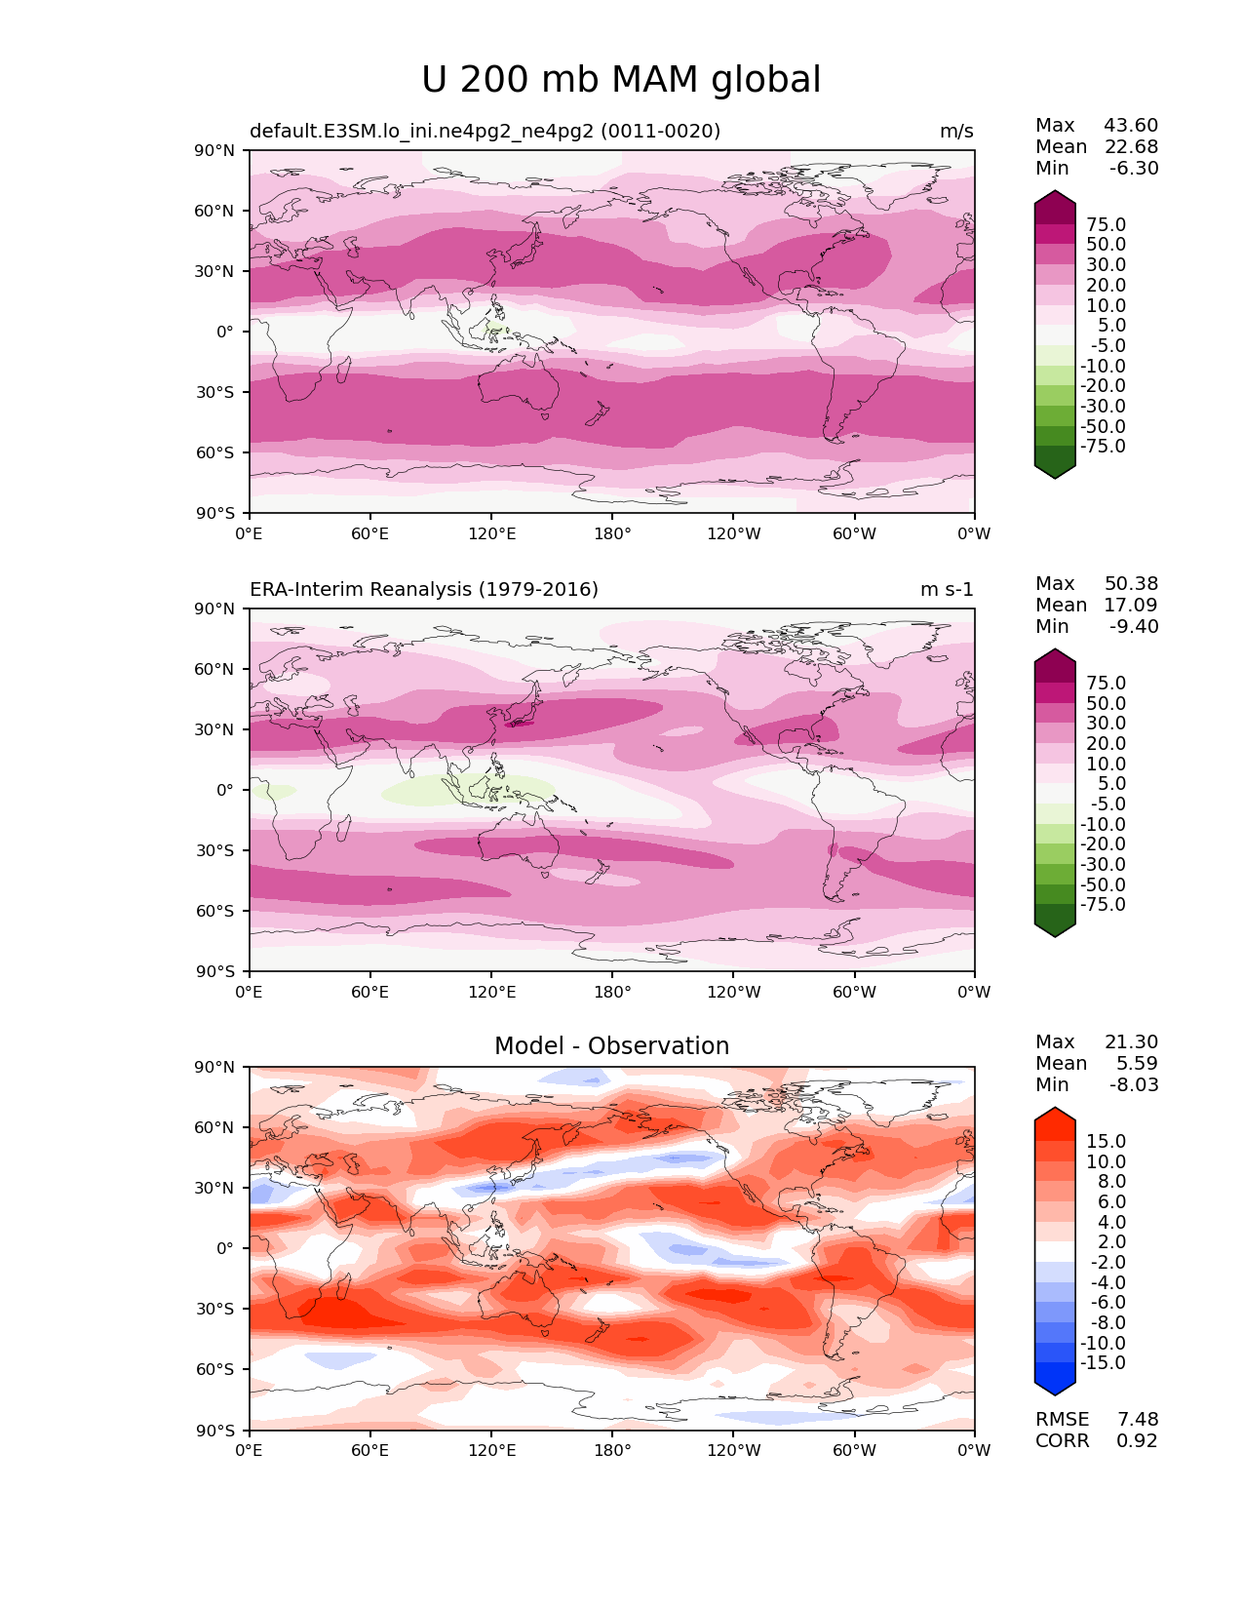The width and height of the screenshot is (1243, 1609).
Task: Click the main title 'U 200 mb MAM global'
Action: [621, 80]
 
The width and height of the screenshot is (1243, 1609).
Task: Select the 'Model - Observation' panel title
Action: [611, 1046]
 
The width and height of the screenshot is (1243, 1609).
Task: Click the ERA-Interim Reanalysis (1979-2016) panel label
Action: [424, 589]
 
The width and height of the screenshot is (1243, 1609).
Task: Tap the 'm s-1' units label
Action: [947, 589]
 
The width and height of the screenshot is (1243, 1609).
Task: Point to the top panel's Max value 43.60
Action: [1131, 126]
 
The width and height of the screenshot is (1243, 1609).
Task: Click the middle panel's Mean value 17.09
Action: [1131, 606]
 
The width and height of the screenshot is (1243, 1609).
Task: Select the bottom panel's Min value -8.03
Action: [1134, 1085]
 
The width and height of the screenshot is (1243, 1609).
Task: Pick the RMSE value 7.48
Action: [1138, 1420]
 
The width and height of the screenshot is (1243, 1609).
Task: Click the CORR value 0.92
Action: [1138, 1441]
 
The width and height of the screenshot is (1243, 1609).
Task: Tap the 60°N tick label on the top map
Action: [218, 211]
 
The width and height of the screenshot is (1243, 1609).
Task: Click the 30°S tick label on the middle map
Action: [218, 850]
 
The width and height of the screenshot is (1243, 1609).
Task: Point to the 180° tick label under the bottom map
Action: [612, 1451]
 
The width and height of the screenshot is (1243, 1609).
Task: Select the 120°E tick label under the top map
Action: [492, 534]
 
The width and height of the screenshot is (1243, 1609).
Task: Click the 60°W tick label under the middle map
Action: [854, 993]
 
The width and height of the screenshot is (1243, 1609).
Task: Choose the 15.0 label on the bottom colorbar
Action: [1106, 1142]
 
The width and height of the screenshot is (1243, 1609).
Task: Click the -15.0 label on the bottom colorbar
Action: [1103, 1363]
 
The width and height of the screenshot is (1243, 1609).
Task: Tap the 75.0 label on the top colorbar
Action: [1106, 225]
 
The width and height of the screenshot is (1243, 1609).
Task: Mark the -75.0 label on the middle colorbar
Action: [1103, 905]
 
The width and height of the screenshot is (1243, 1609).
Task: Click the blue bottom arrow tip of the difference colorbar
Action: [1055, 1391]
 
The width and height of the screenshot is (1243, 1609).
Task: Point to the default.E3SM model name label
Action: [485, 132]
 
